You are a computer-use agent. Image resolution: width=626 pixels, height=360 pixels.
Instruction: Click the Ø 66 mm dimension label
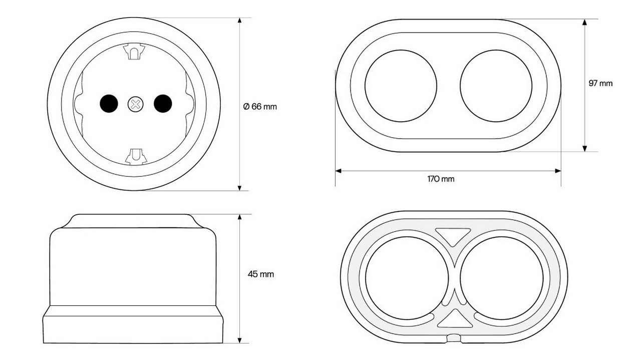260,107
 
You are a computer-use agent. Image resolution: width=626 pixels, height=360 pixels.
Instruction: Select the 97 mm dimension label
600,83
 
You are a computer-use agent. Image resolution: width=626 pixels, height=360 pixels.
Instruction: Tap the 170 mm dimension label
441,179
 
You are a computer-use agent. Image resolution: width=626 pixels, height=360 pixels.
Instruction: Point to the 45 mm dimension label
261,274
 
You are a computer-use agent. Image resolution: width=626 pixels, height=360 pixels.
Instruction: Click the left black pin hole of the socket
109,104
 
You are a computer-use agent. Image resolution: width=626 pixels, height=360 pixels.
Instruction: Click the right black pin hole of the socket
163,104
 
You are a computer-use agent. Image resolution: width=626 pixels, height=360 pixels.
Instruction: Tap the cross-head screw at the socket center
136,104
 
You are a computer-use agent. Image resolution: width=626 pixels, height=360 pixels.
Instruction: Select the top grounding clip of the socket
134,51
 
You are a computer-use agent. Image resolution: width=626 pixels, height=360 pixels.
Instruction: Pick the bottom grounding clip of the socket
136,157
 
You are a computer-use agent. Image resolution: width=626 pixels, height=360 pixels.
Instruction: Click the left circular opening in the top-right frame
401,86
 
